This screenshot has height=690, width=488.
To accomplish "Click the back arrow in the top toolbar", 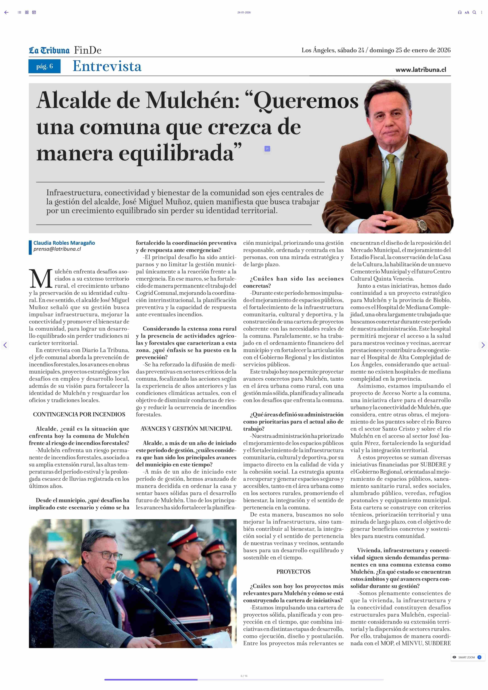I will (x=6, y=12).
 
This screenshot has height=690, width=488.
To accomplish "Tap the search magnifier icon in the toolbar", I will (x=474, y=12).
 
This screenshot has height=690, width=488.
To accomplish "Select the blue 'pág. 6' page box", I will (x=45, y=66).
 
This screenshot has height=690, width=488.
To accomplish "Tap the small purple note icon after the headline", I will (x=267, y=148).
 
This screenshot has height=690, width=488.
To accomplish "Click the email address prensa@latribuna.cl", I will (x=57, y=249).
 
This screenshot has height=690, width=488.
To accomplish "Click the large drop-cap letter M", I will (x=41, y=279).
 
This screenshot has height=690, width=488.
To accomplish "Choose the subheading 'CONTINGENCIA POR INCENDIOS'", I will (x=79, y=414).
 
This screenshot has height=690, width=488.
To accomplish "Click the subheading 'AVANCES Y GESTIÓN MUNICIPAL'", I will (x=186, y=429).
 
